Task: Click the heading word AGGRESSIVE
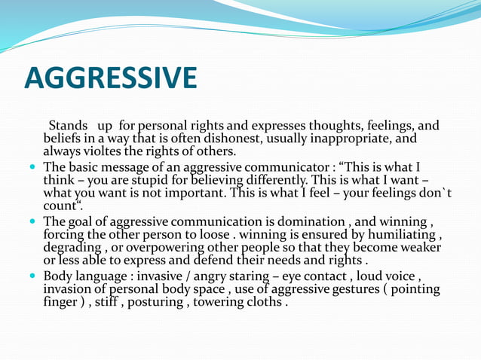[x=110, y=78]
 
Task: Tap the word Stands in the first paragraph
[x=69, y=125]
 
